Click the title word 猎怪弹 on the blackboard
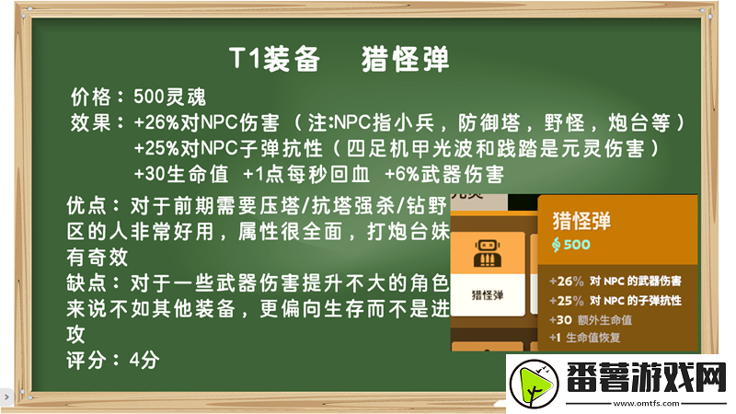pos(406,59)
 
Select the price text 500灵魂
pos(169,96)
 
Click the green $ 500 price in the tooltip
pos(571,245)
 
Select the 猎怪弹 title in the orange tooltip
pos(581,221)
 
